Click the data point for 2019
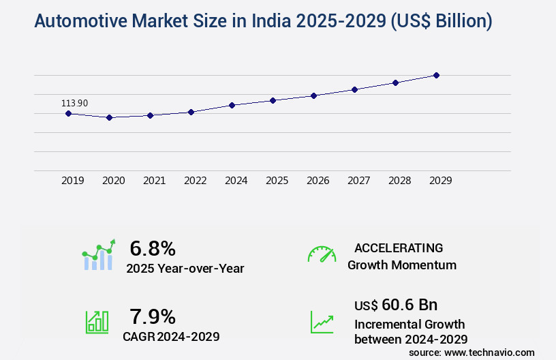[68, 113]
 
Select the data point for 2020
[109, 117]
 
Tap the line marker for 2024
[232, 105]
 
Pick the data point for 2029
[436, 75]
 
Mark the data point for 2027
[354, 89]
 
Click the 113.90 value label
[74, 103]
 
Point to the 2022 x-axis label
[195, 181]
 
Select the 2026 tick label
[318, 181]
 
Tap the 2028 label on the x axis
[399, 181]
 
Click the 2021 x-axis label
[154, 181]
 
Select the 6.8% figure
[153, 248]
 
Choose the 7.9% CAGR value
[153, 316]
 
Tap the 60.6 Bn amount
[410, 304]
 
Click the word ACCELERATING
[399, 248]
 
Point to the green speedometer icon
[322, 254]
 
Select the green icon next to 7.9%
[97, 322]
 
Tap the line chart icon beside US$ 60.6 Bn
[322, 322]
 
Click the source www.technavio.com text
[472, 352]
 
